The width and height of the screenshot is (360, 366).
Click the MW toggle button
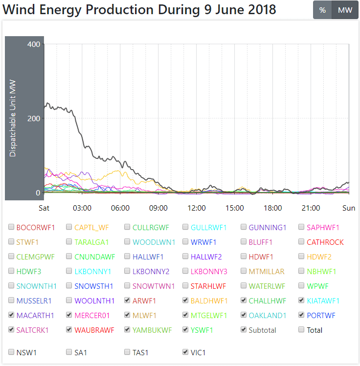click(x=345, y=10)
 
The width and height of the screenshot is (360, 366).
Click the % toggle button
click(x=322, y=10)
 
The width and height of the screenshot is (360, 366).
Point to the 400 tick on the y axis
click(x=34, y=44)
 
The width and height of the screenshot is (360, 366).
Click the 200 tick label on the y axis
click(x=34, y=118)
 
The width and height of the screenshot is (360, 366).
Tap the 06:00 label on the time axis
click(x=120, y=208)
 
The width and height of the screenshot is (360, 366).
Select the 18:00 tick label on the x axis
click(x=273, y=208)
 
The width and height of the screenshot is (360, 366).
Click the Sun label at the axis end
click(x=349, y=208)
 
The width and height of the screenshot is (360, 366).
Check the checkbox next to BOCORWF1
click(x=11, y=227)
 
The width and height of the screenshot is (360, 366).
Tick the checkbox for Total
click(x=302, y=330)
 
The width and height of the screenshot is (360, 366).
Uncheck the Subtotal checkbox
click(x=244, y=330)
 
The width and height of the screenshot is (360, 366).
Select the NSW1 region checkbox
click(x=11, y=352)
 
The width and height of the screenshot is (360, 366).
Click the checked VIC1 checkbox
click(x=185, y=352)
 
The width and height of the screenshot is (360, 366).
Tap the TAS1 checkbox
click(x=127, y=352)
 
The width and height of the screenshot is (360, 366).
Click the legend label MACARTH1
click(x=35, y=315)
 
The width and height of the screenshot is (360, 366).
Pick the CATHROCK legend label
click(x=325, y=242)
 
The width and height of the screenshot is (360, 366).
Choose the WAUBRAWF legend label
click(x=94, y=330)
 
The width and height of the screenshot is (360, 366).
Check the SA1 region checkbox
click(x=69, y=352)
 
